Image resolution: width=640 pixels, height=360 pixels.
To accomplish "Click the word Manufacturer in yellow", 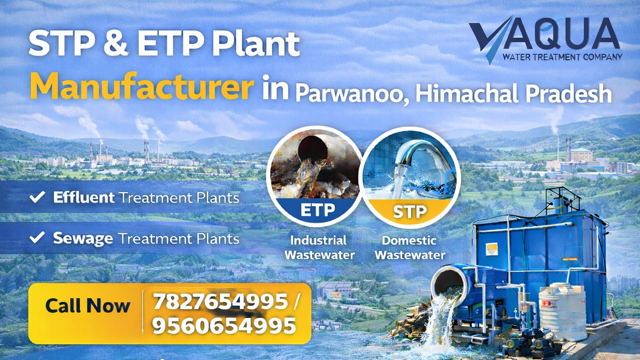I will (x=142, y=86).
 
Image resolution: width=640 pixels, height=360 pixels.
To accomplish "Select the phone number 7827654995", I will (x=220, y=302).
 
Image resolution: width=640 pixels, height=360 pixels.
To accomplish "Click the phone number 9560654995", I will (x=224, y=325).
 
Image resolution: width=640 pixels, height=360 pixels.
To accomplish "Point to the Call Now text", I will (x=87, y=305).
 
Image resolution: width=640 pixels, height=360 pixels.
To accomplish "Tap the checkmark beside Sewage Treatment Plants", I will (x=37, y=238).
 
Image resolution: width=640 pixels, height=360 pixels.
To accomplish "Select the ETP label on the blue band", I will (x=317, y=210).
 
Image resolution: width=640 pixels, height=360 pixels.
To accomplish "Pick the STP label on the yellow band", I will (x=410, y=211).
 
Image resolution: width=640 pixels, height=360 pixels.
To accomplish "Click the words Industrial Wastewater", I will (x=319, y=247).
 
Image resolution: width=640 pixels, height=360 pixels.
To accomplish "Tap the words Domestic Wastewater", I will (x=410, y=247).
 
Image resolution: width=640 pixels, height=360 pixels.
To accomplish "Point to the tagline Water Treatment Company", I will (x=562, y=57).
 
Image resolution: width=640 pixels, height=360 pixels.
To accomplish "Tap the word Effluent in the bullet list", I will (x=84, y=197).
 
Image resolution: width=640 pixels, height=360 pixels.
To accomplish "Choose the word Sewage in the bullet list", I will (x=83, y=239).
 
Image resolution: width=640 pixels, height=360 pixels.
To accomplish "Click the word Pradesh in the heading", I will (x=569, y=94).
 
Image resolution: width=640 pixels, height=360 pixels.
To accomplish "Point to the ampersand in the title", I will (x=116, y=43).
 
